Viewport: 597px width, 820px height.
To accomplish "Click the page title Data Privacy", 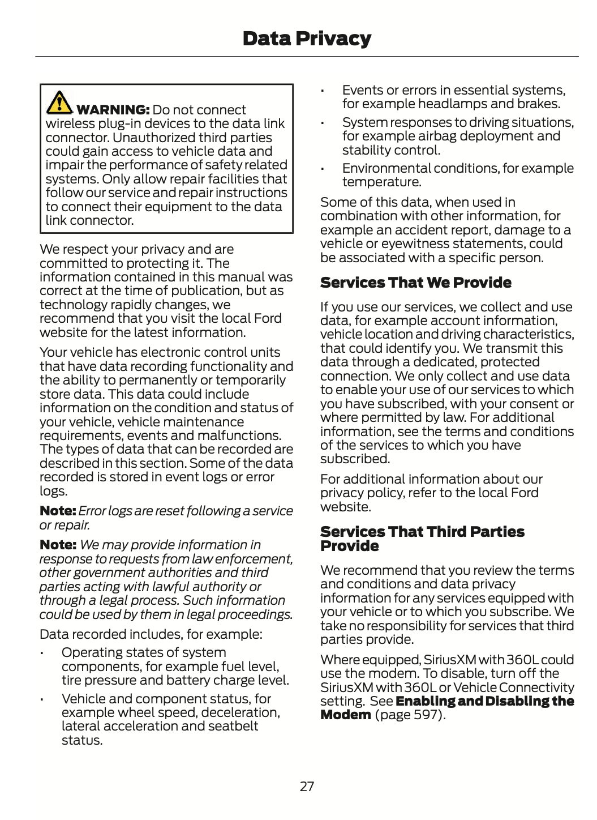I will coord(307,39).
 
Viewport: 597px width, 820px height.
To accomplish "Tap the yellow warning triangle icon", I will coord(59,102).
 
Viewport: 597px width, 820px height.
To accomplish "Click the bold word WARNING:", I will coord(113,110).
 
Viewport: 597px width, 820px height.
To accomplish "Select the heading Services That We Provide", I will coord(415,283).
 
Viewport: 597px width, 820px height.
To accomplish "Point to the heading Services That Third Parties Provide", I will coord(422,539).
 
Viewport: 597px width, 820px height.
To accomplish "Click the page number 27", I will coord(307,786).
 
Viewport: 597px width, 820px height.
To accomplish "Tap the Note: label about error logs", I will coord(58,511).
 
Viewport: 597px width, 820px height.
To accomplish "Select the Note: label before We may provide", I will coord(58,545).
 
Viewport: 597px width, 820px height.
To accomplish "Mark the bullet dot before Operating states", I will coord(42,654).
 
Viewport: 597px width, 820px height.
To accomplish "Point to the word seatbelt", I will coord(233,727).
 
